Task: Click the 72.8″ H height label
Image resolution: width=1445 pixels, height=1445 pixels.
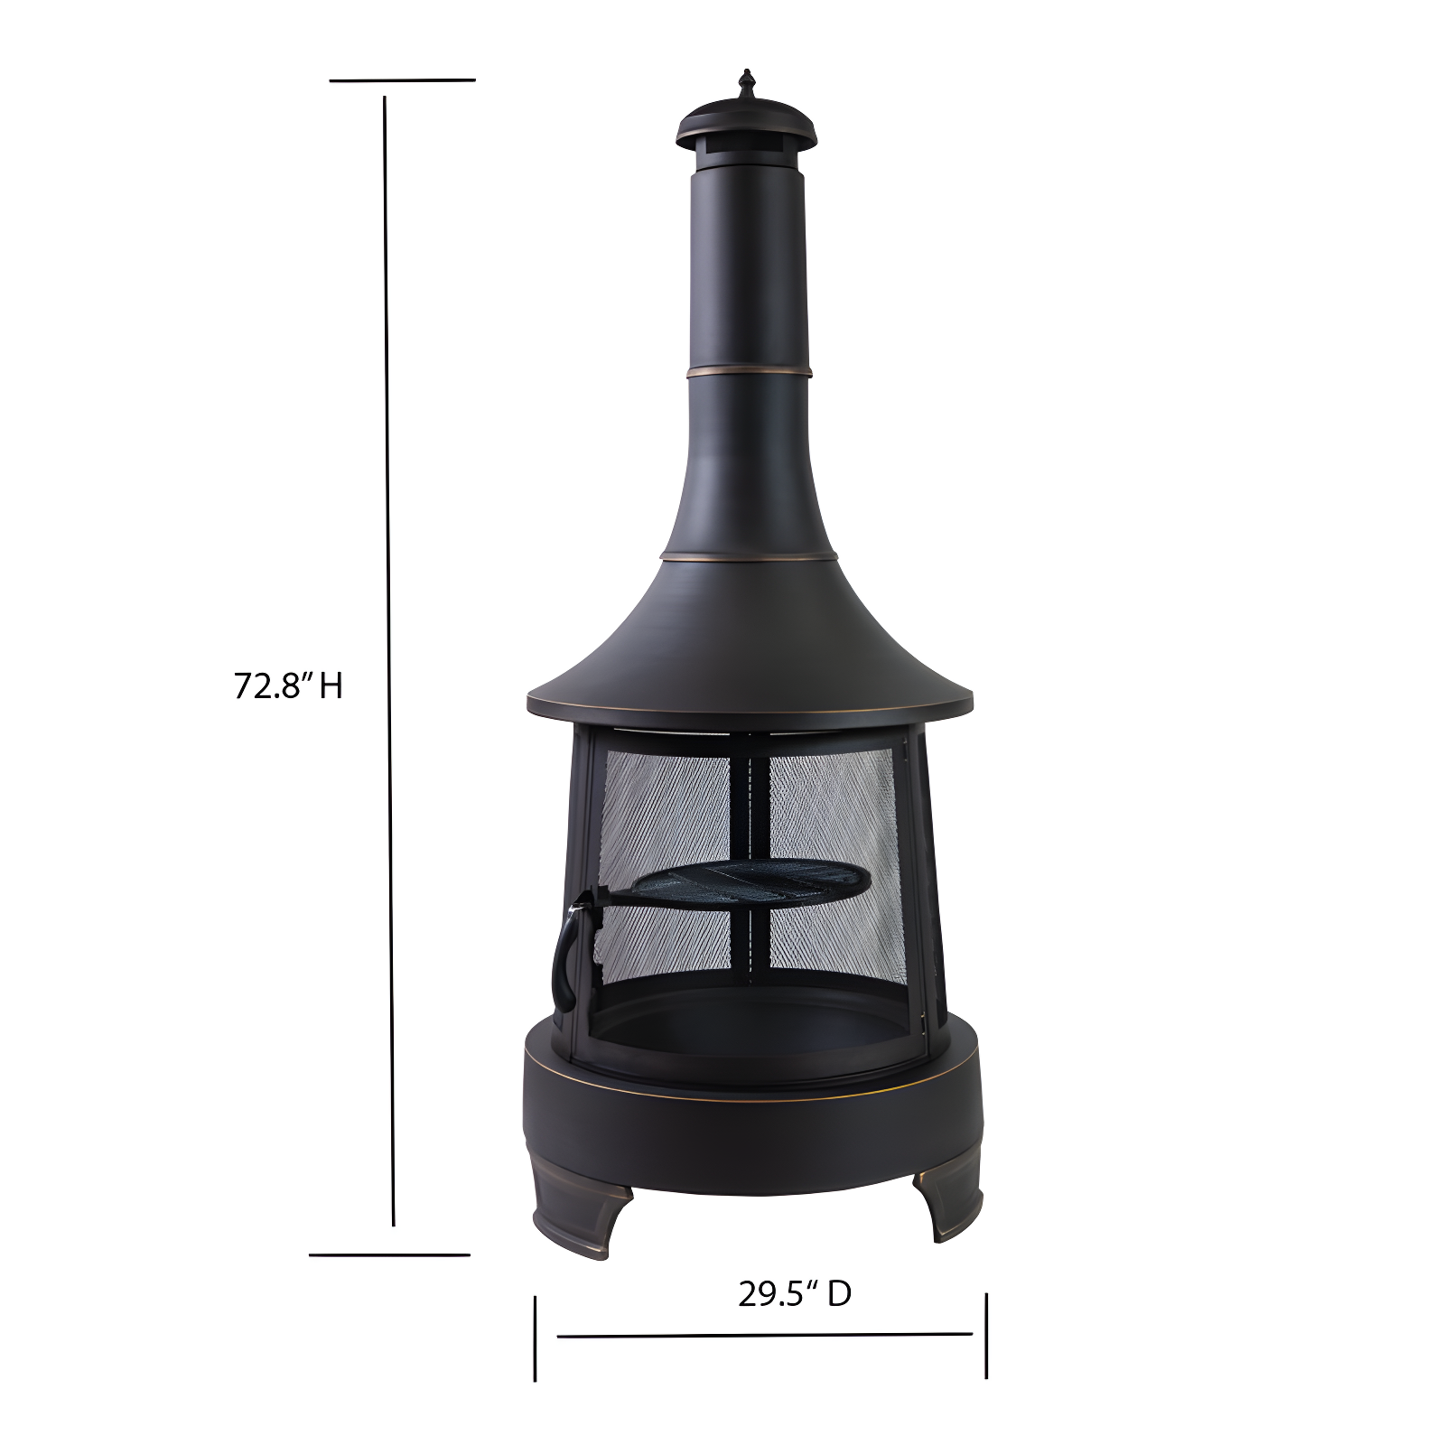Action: coord(288,685)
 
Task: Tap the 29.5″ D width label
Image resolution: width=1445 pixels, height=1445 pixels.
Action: coord(794,1294)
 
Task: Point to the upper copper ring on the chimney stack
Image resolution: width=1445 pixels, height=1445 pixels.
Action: coord(748,371)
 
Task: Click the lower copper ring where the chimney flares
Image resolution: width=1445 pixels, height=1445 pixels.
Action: coord(748,556)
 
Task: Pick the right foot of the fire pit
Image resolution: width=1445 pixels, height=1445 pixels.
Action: coord(947,1200)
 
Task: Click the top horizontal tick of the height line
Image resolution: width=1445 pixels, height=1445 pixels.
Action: coord(402,80)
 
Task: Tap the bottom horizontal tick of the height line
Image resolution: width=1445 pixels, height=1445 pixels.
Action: coord(389,1254)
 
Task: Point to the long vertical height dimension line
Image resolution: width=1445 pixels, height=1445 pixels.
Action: coord(389,659)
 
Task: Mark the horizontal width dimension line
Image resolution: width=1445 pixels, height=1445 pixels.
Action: coord(764,1335)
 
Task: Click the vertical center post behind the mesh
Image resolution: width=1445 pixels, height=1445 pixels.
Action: coord(750,813)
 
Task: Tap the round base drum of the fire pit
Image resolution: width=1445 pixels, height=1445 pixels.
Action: coord(750,1129)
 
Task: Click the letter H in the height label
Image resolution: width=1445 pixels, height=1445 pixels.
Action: coord(331,686)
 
